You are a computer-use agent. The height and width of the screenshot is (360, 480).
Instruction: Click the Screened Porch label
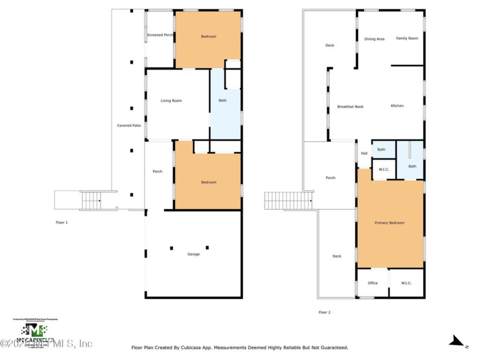click(160, 35)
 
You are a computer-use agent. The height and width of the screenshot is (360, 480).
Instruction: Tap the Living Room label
click(171, 101)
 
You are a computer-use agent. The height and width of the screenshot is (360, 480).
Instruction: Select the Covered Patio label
click(129, 125)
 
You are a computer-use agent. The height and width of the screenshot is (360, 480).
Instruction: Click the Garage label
click(194, 254)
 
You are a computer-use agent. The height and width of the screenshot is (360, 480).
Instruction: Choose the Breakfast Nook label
click(350, 106)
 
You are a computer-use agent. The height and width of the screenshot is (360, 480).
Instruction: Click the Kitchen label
click(397, 106)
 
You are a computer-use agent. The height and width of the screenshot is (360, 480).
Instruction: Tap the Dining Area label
click(374, 39)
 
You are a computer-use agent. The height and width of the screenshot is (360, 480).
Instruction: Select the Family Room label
click(407, 38)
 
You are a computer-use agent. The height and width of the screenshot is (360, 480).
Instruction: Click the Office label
click(373, 283)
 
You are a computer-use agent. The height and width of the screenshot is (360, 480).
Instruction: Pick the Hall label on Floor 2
click(364, 153)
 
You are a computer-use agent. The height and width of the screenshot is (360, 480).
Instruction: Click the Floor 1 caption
click(61, 222)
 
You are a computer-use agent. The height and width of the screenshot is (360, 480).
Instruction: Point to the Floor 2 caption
click(324, 312)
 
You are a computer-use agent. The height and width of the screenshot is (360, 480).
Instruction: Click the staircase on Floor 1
click(91, 201)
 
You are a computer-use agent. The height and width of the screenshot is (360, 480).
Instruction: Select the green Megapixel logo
click(35, 331)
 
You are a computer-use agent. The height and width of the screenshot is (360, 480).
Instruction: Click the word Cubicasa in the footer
click(193, 347)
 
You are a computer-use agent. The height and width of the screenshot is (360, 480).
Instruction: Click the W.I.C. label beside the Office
click(406, 283)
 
